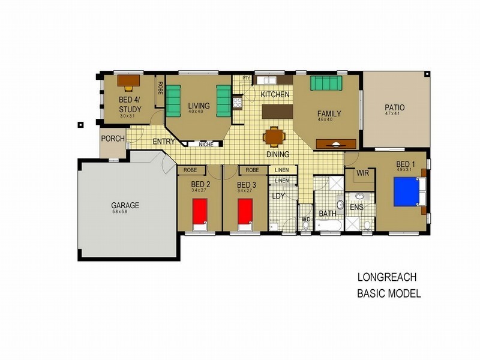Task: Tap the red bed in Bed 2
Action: tap(199, 213)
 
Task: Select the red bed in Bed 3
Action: tap(244, 213)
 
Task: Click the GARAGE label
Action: tap(125, 205)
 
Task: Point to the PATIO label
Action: tap(394, 108)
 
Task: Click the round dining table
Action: tap(274, 137)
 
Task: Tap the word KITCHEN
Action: tap(275, 95)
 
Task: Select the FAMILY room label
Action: tap(329, 113)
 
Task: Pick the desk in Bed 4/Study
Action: tap(128, 80)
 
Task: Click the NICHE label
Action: tap(206, 144)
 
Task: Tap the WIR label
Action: tap(362, 174)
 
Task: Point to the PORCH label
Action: tap(113, 139)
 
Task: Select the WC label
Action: tap(305, 219)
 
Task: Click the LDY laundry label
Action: tap(278, 196)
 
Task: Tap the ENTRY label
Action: tap(164, 142)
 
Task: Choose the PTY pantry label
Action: tap(246, 78)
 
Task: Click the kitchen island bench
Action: tap(277, 112)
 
